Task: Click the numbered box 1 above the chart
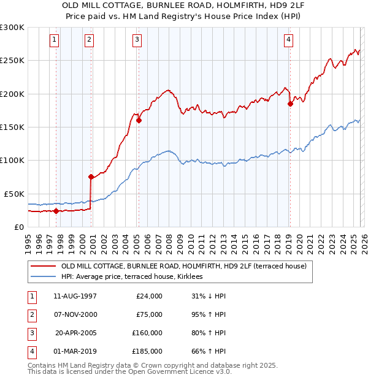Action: click(55, 40)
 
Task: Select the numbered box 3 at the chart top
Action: click(136, 40)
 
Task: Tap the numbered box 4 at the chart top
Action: click(288, 40)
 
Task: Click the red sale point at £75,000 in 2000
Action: click(91, 177)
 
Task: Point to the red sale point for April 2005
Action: click(139, 121)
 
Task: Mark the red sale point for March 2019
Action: click(290, 104)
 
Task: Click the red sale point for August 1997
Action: click(56, 211)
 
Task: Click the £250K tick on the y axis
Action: click(12, 61)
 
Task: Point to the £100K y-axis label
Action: click(12, 160)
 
